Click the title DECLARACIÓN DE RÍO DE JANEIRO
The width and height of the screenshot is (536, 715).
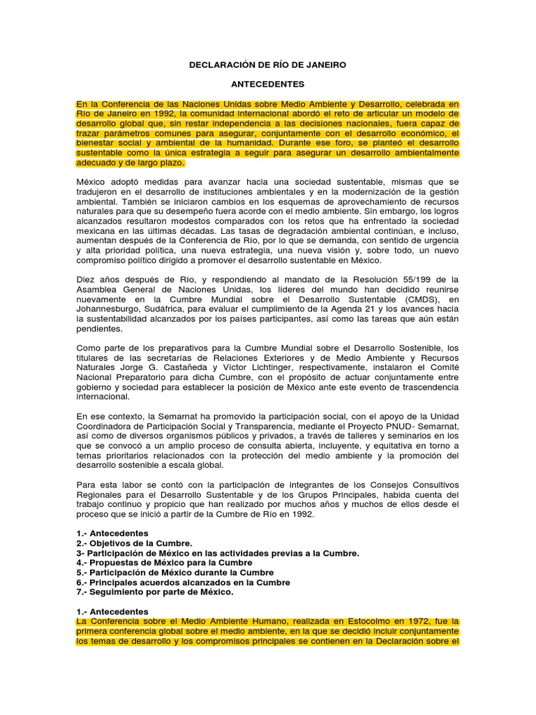(268, 65)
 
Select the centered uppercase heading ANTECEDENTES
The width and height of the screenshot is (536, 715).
(268, 84)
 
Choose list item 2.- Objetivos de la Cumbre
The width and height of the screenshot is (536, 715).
(134, 543)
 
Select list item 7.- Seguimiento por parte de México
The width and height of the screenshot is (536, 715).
(154, 591)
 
